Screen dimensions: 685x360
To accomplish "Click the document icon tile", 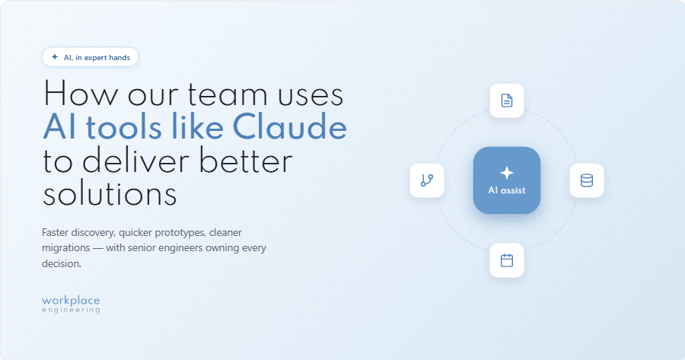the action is (x=507, y=100).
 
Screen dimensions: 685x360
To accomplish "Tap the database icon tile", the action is (x=587, y=180).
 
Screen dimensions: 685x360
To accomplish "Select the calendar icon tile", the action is (x=507, y=260).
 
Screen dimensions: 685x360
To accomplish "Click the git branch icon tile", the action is (x=427, y=180).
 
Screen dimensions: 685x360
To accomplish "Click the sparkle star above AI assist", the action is (x=507, y=173).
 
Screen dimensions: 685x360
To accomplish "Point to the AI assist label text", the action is (x=507, y=190).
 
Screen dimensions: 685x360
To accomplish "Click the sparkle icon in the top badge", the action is (x=55, y=57).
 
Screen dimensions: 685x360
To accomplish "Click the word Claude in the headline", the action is (x=289, y=127).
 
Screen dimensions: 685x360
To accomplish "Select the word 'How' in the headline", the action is (x=81, y=94).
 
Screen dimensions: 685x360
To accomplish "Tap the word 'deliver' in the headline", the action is (x=136, y=161).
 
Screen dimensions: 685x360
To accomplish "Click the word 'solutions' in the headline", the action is (x=110, y=194).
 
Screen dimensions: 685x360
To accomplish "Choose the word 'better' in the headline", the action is (x=246, y=161).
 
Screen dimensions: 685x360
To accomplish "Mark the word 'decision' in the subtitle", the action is (x=61, y=263).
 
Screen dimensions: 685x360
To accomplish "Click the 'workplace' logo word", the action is (x=71, y=301).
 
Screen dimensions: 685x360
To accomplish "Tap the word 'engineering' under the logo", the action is (x=71, y=311).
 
